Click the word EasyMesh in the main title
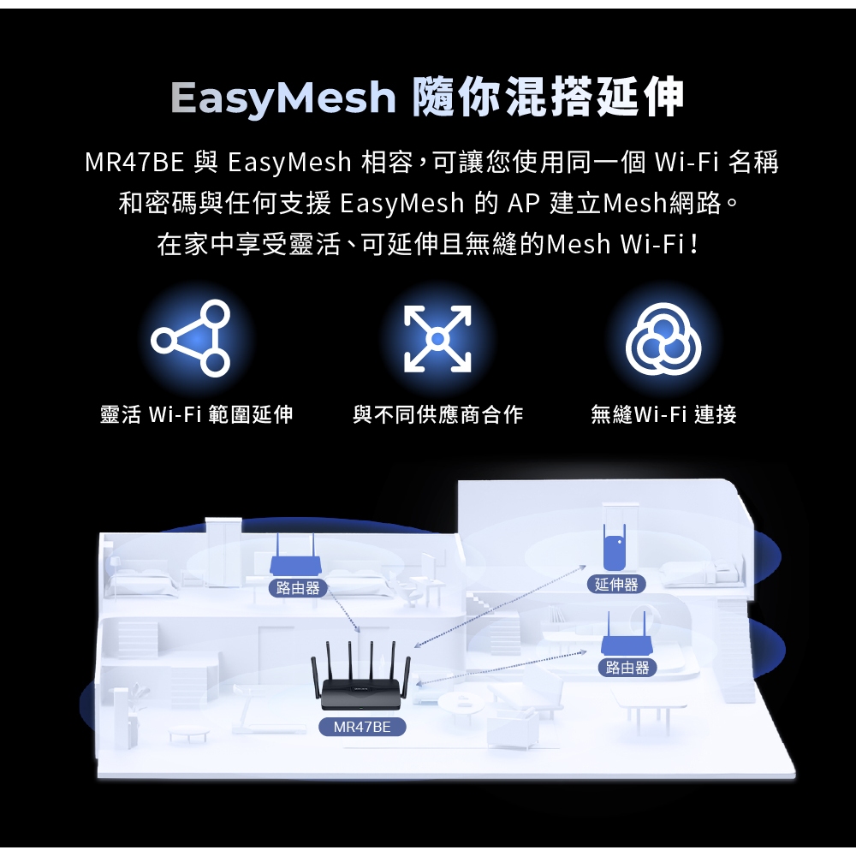pos(282,98)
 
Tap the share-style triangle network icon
pos(191,338)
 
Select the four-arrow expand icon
pos(437,339)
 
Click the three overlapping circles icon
pos(663,338)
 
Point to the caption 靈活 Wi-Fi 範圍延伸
pos(197,414)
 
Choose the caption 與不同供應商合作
pos(437,414)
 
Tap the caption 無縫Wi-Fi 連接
pos(663,414)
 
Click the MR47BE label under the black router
pos(362,727)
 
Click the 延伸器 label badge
pos(616,584)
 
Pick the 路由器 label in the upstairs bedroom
pos(298,587)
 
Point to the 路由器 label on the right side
pos(627,667)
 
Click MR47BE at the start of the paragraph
pos(134,162)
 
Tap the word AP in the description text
pos(524,203)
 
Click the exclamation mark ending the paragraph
pos(693,244)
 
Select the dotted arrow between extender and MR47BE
pos(500,607)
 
